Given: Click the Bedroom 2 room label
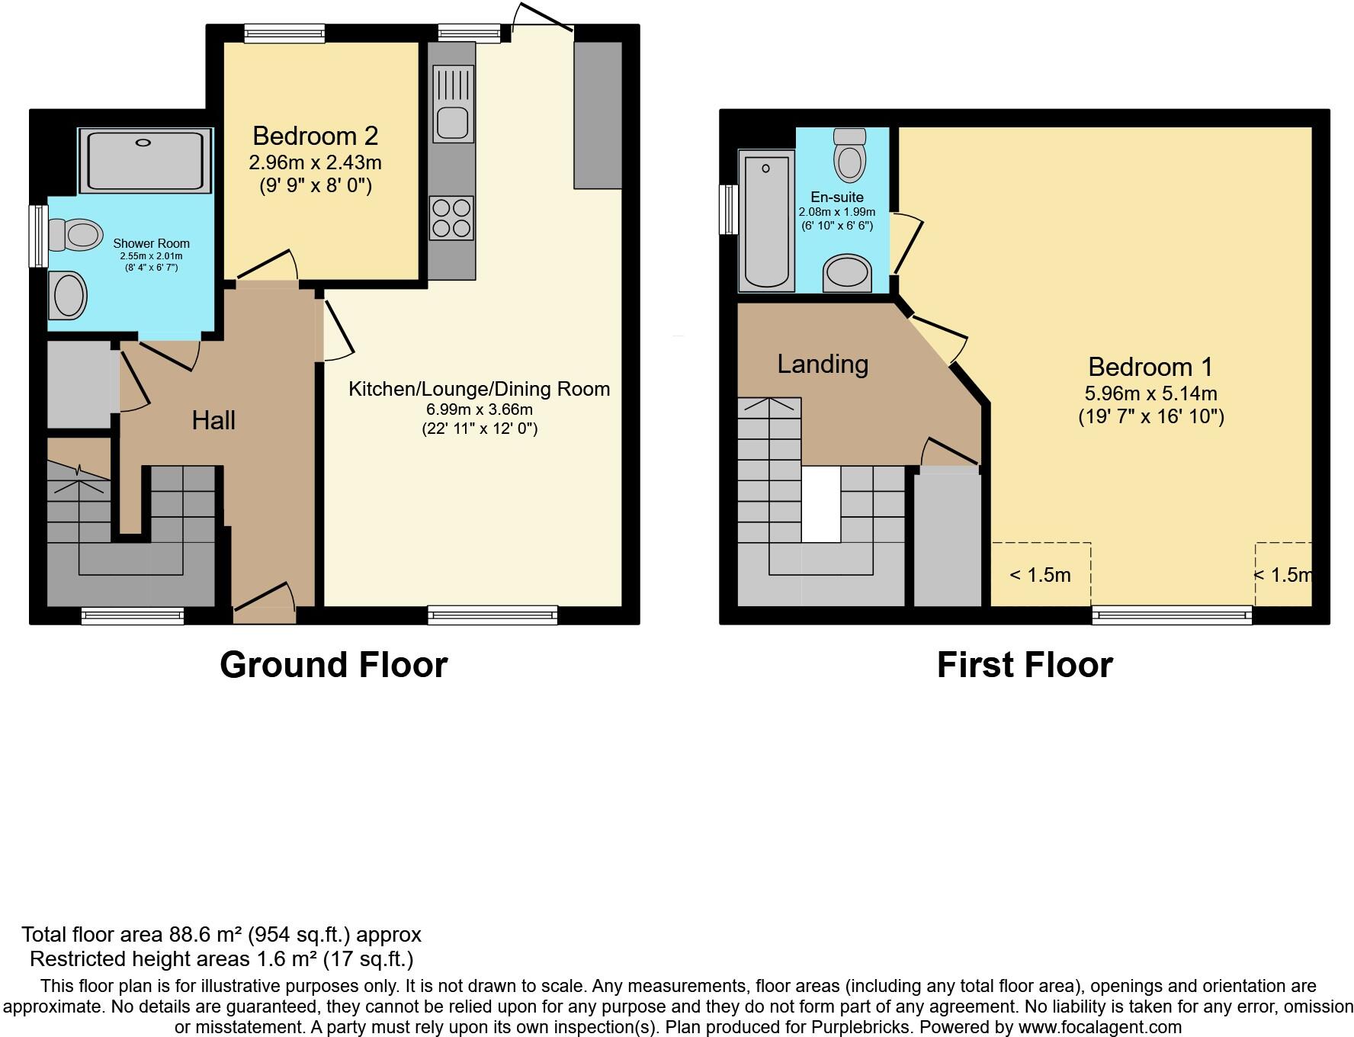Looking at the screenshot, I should click(315, 136).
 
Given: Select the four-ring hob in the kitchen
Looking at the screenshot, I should click(451, 218).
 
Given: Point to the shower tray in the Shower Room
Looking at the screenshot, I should click(145, 161).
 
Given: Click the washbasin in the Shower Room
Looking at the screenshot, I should click(67, 295).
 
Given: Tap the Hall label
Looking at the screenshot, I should click(213, 420).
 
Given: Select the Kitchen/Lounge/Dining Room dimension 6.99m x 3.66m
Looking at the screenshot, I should click(480, 409).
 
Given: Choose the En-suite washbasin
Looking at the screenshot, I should click(847, 273).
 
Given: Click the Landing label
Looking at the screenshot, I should click(823, 364).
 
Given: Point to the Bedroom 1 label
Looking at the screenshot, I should click(1150, 368).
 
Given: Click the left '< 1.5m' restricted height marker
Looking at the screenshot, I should click(1040, 576).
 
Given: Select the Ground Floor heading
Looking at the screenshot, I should click(333, 665).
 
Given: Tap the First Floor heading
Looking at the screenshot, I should click(1024, 665).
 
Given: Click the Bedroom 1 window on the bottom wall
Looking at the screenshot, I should click(1172, 615).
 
